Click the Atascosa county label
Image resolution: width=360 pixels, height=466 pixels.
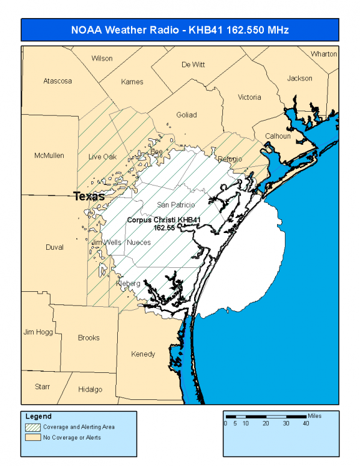pyautogui.click(x=58, y=80)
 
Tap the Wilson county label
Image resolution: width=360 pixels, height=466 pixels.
pyautogui.click(x=102, y=58)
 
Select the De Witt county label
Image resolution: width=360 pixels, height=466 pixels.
pyautogui.click(x=193, y=65)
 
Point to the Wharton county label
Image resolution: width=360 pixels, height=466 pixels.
pyautogui.click(x=324, y=54)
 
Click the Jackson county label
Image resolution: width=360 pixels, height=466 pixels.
pyautogui.click(x=299, y=78)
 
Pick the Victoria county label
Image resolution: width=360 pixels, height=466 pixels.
pyautogui.click(x=249, y=97)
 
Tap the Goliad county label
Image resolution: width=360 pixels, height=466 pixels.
pyautogui.click(x=186, y=115)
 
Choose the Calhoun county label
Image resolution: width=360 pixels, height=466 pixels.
pyautogui.click(x=278, y=136)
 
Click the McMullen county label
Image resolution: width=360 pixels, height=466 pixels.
pyautogui.click(x=49, y=156)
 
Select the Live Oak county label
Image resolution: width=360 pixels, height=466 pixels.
pyautogui.click(x=102, y=157)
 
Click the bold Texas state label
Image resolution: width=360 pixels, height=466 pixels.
pyautogui.click(x=89, y=196)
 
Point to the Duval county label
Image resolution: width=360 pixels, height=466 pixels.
pyautogui.click(x=54, y=247)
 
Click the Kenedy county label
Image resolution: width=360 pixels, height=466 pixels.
pyautogui.click(x=143, y=354)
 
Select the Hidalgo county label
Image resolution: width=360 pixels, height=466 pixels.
pyautogui.click(x=90, y=389)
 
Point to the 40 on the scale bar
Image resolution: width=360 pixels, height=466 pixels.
pyautogui.click(x=307, y=423)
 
